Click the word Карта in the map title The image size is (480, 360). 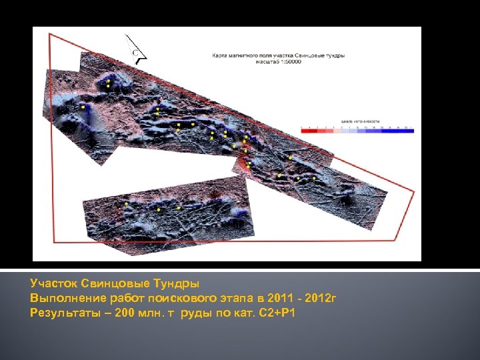[x=219, y=55]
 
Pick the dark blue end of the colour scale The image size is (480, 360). [x=411, y=131]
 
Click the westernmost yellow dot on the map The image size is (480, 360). [x=83, y=107]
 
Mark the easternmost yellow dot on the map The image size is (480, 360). [x=314, y=179]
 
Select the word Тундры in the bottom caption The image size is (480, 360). [x=175, y=283]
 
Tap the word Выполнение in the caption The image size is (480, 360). [x=65, y=297]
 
